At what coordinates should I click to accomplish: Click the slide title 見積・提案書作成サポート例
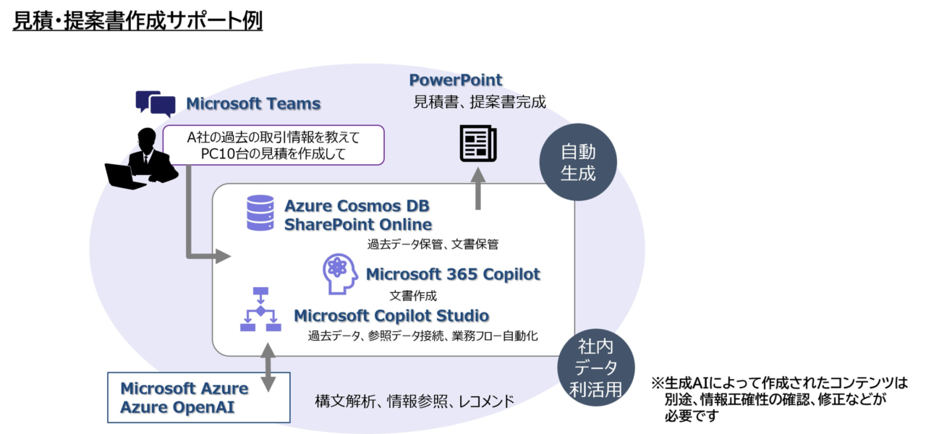click(x=137, y=21)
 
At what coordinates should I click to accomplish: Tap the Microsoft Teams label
click(x=253, y=103)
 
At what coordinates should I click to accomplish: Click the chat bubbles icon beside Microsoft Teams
click(x=156, y=103)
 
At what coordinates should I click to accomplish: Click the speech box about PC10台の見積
click(x=273, y=145)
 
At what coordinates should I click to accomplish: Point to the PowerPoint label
click(x=456, y=80)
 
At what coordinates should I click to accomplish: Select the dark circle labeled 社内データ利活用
click(x=595, y=370)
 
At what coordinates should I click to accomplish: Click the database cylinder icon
click(x=260, y=213)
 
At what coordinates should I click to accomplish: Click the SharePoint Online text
click(x=358, y=224)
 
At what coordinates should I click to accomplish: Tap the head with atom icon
click(x=340, y=274)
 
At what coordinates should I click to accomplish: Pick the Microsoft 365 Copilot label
click(x=453, y=274)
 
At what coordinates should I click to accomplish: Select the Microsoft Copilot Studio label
click(x=391, y=315)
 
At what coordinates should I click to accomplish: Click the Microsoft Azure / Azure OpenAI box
click(x=198, y=397)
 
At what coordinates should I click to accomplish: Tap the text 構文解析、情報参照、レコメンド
click(x=415, y=400)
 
